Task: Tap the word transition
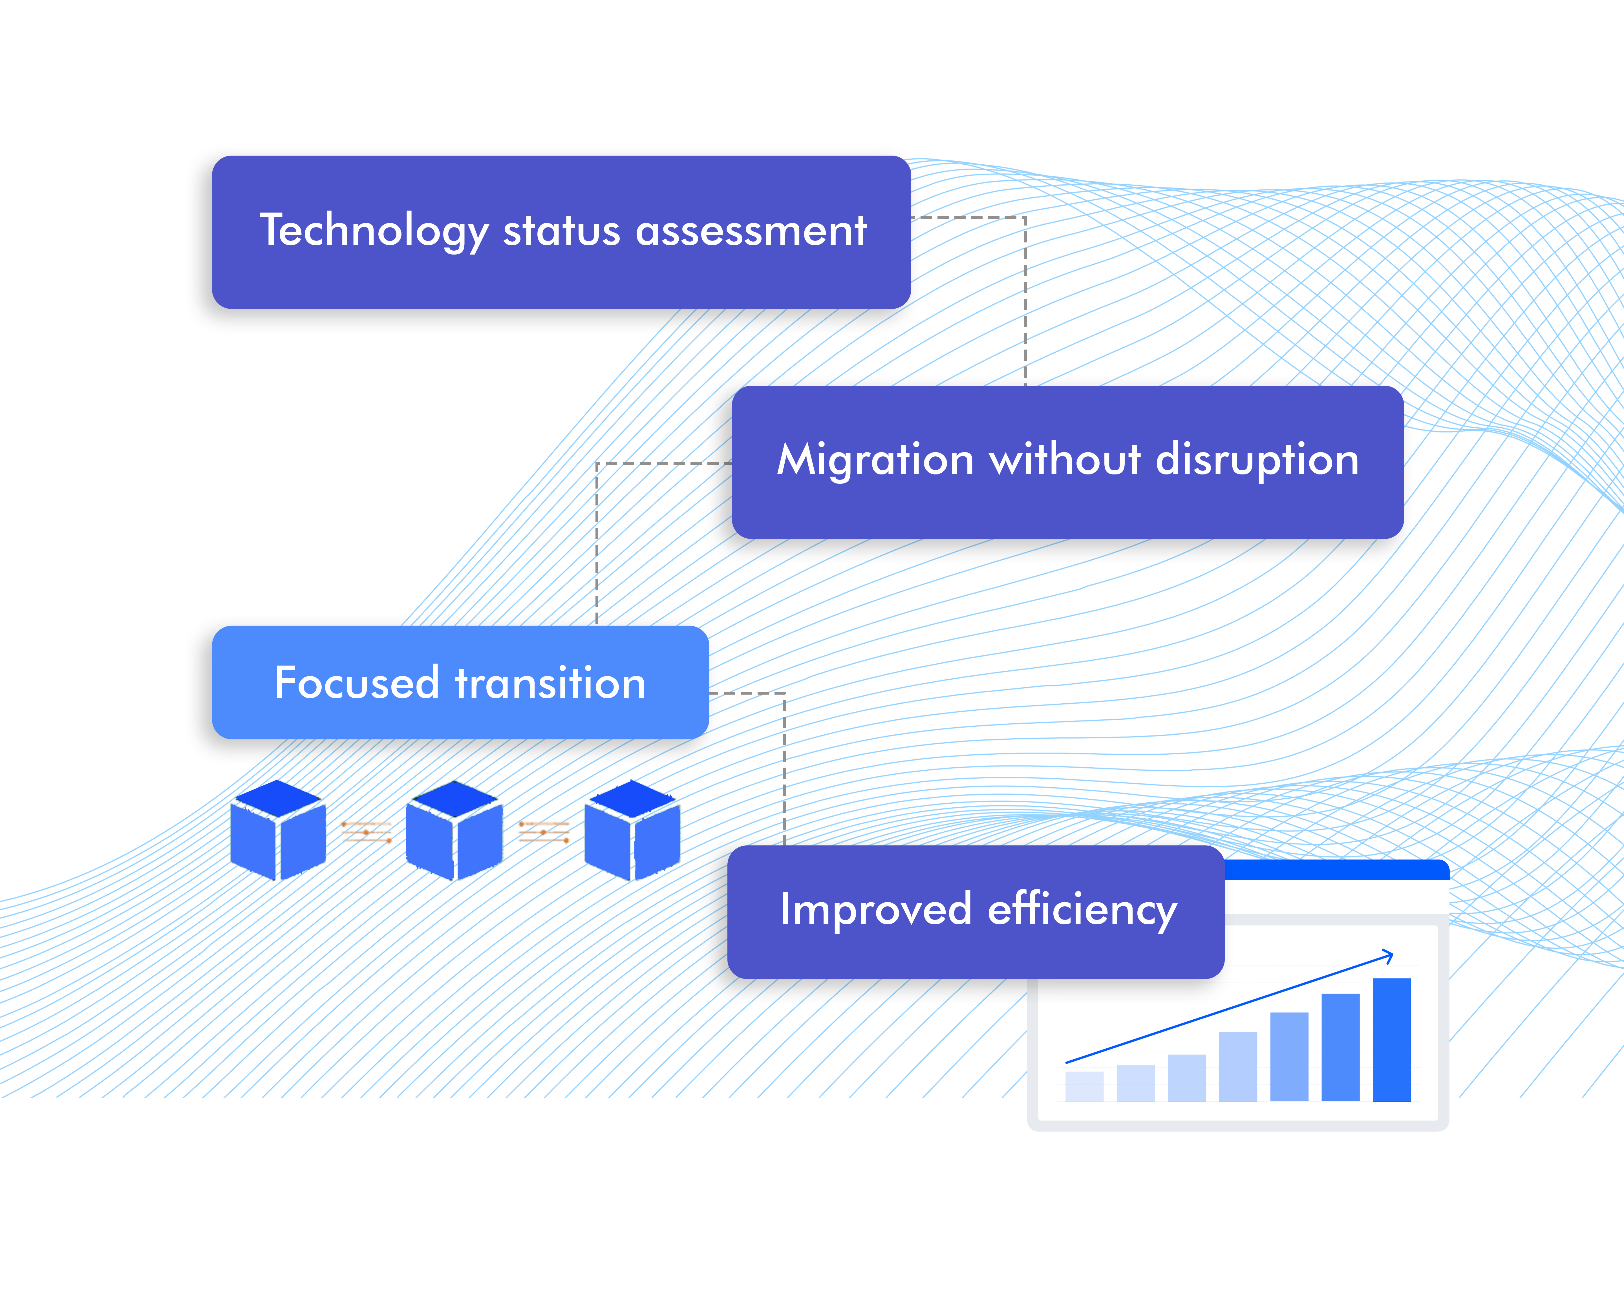(x=550, y=683)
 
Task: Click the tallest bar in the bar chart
(x=1391, y=1039)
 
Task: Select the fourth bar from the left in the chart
(x=1237, y=1066)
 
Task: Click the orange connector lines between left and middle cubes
(x=367, y=831)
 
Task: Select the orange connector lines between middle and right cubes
(x=544, y=831)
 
